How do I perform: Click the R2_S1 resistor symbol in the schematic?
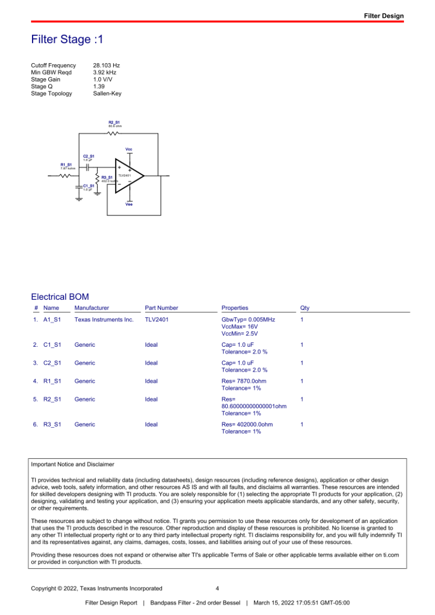pos(114,133)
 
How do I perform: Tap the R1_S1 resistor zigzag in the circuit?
pos(65,176)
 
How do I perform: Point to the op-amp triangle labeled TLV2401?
pos(128,176)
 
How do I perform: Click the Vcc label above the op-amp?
pos(129,149)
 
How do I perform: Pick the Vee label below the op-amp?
pos(129,204)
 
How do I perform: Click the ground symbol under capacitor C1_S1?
pos(79,199)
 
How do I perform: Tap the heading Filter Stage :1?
pos(67,40)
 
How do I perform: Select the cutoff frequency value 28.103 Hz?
pos(107,65)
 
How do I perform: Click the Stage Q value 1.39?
pos(99,87)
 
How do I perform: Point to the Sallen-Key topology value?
pos(107,94)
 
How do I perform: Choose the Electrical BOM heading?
pos(60,297)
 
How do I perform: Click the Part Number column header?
pos(161,308)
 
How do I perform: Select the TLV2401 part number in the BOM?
pos(157,320)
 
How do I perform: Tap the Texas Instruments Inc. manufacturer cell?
pos(104,320)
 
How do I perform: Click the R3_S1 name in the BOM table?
pos(52,425)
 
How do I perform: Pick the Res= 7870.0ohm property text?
pos(244,381)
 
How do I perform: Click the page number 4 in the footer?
pos(217,588)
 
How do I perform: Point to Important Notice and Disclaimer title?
pos(73,464)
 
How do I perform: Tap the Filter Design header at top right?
pos(384,16)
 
